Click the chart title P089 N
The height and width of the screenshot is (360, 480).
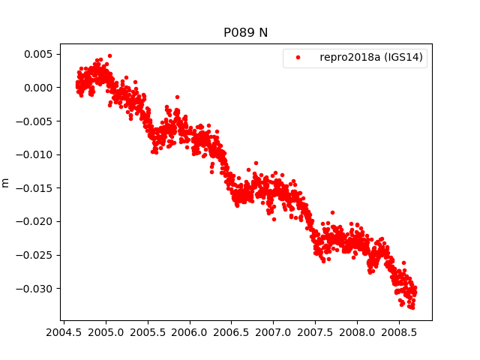[x=245, y=33]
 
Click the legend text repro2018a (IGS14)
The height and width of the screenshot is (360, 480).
[x=371, y=57]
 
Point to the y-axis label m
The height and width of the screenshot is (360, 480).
[x=6, y=182]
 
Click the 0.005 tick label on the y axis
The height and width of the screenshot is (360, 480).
[x=37, y=54]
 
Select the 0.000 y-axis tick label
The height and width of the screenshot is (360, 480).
[x=37, y=88]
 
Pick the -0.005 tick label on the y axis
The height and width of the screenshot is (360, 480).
[x=34, y=121]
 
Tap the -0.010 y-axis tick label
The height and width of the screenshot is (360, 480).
[x=34, y=154]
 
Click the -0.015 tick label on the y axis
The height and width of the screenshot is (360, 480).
[x=34, y=188]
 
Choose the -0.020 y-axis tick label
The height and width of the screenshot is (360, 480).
[x=34, y=221]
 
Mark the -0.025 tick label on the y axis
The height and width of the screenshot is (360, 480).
[x=34, y=255]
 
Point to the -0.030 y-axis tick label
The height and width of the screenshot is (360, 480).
[x=34, y=289]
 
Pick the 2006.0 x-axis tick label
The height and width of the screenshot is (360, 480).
[x=190, y=332]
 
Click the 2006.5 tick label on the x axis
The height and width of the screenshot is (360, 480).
[x=231, y=332]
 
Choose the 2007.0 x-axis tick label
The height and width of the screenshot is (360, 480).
[x=273, y=332]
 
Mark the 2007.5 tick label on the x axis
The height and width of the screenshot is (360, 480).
[x=315, y=332]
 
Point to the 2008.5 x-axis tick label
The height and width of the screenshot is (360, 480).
[x=398, y=332]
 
